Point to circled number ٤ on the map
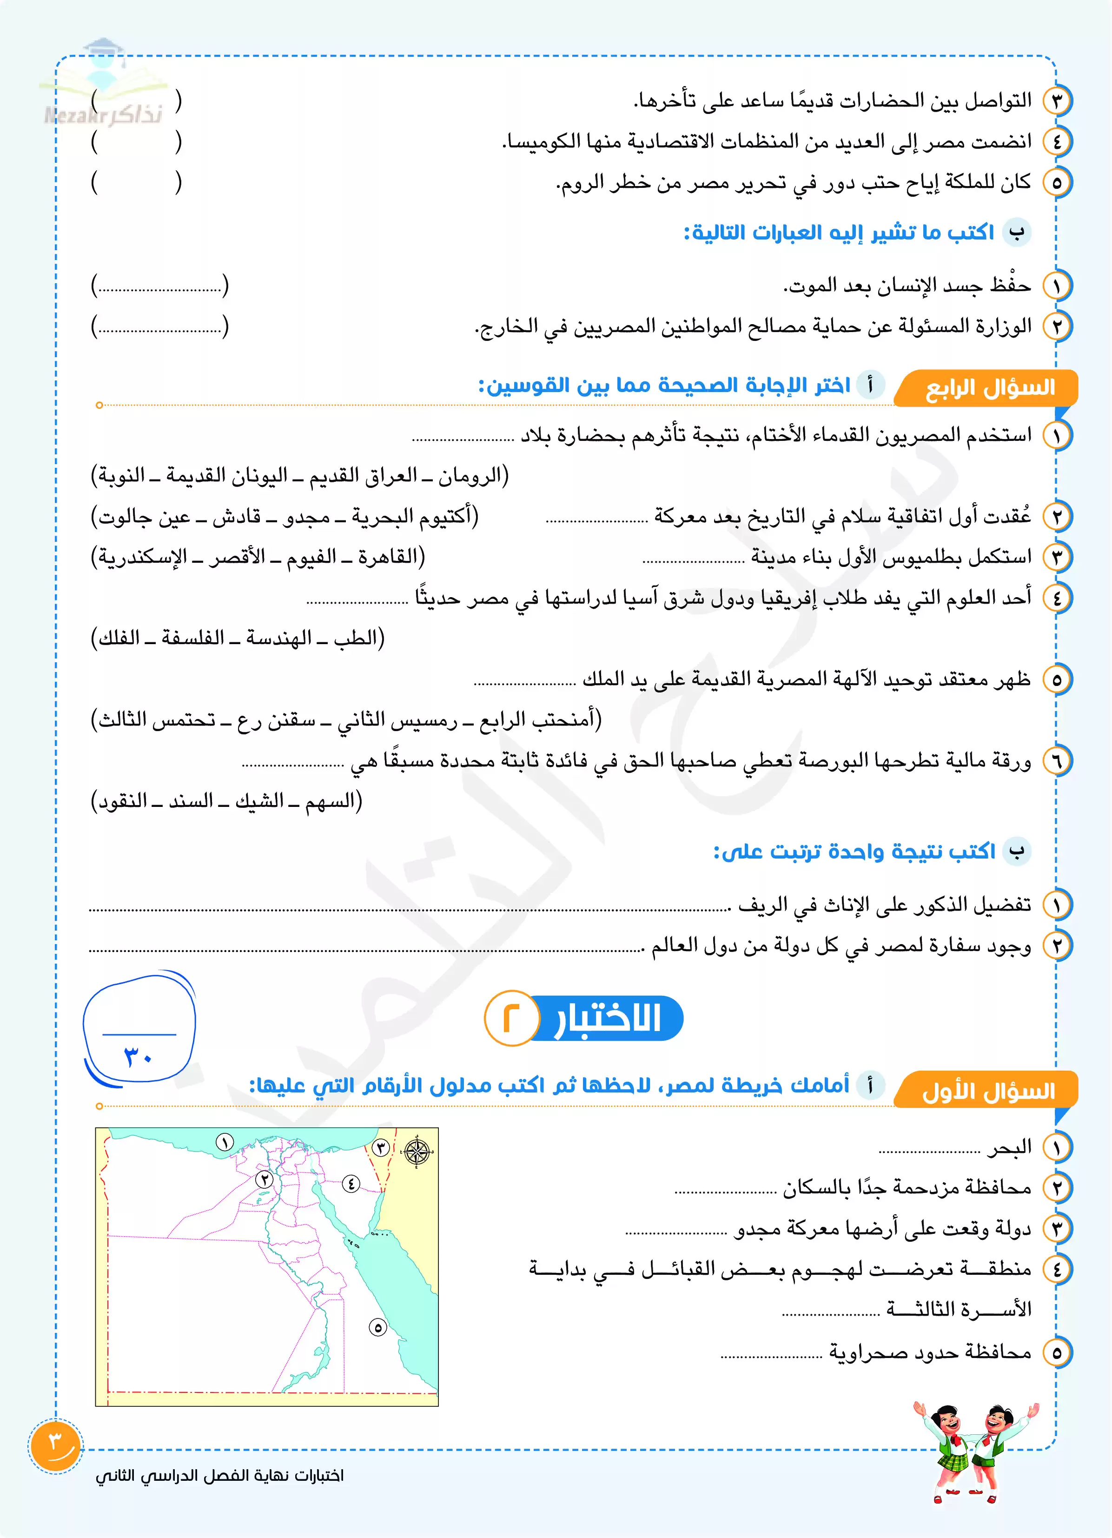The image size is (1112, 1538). (x=351, y=1183)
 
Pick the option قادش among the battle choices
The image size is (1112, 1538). (x=237, y=517)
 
